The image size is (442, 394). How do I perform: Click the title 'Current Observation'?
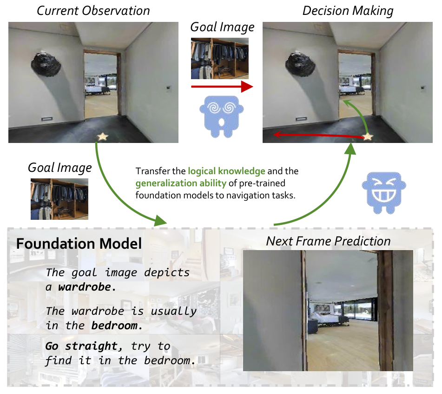[x=93, y=11]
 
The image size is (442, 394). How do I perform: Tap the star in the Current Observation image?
[x=102, y=137]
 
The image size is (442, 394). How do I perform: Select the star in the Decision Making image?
[x=368, y=137]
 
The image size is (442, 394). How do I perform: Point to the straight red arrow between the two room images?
[x=221, y=87]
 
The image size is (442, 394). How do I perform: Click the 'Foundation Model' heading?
[x=79, y=244]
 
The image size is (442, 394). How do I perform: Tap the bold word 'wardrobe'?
[x=85, y=287]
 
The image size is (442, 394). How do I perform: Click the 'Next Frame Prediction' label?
[x=328, y=241]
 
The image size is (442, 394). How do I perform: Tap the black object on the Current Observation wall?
[x=46, y=63]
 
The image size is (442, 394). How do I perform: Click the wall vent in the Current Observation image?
[x=48, y=119]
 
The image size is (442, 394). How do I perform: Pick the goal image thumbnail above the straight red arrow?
[x=220, y=58]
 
